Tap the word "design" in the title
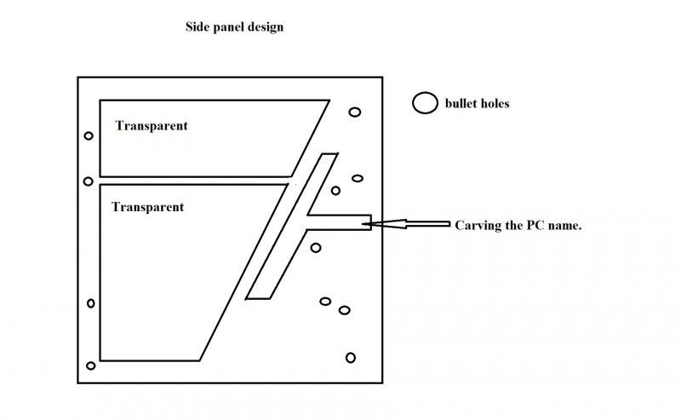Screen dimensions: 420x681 click(265, 27)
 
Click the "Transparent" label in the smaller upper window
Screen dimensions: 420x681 click(152, 126)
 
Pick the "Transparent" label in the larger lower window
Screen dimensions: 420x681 click(147, 207)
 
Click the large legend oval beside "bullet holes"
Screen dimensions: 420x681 click(424, 103)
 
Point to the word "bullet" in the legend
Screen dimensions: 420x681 click(461, 104)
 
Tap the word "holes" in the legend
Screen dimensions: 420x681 click(495, 104)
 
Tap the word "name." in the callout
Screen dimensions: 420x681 click(564, 226)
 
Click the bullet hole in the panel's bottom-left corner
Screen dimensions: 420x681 click(91, 365)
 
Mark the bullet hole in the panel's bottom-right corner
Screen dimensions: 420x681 click(350, 357)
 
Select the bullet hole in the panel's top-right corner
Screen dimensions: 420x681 click(354, 112)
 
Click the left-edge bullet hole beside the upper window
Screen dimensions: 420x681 click(89, 136)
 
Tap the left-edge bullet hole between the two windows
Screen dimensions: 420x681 click(88, 181)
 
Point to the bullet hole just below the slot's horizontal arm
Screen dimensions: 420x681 click(316, 248)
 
